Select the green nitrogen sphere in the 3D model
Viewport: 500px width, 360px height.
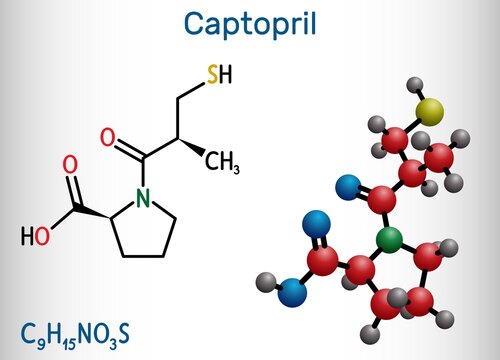point(388,239)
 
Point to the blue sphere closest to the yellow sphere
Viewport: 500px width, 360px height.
point(348,185)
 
